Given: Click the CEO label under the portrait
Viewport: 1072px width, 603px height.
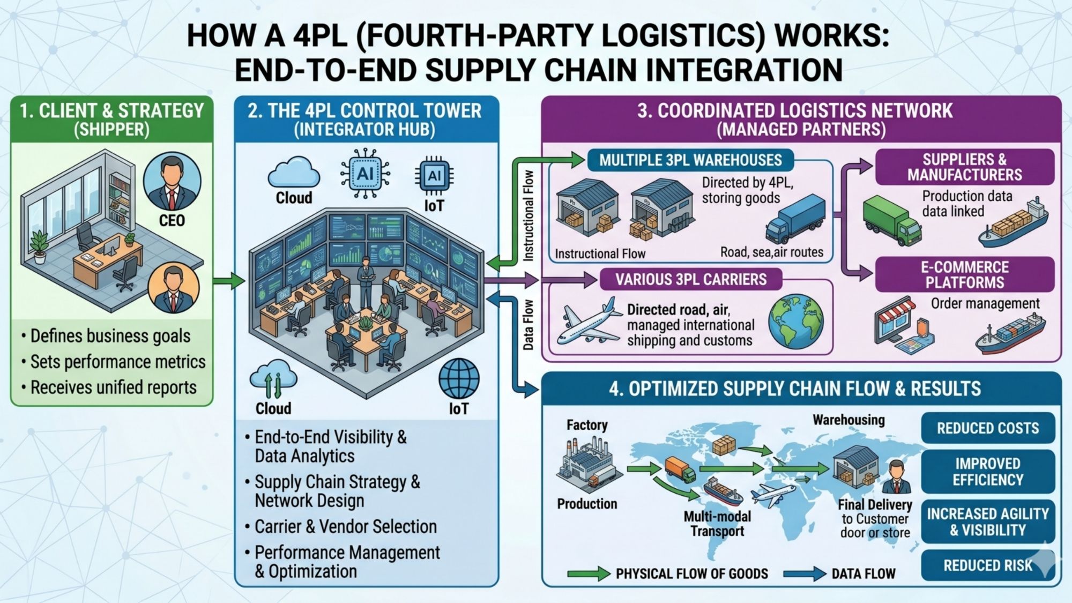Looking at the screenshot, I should click(172, 220).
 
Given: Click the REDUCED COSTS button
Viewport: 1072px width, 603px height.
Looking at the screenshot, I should click(987, 428).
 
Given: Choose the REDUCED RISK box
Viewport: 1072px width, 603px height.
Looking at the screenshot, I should click(987, 565).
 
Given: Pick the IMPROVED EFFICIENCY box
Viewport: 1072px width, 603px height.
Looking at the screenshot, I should click(987, 472).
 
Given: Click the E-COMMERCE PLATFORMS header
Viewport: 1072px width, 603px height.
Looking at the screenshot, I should click(964, 275).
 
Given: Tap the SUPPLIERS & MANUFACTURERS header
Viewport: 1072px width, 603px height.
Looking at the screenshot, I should click(964, 167).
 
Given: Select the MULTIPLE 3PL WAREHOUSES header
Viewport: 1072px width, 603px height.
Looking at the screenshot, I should click(690, 160).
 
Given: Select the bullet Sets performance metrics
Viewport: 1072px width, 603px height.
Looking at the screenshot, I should click(117, 362).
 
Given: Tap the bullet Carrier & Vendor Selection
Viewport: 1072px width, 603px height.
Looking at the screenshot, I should click(345, 527).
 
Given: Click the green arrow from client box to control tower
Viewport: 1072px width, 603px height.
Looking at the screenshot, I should click(228, 280).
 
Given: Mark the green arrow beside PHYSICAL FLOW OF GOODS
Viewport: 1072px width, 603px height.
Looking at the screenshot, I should click(588, 574).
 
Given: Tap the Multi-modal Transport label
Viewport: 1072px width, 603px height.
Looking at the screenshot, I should click(717, 524).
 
